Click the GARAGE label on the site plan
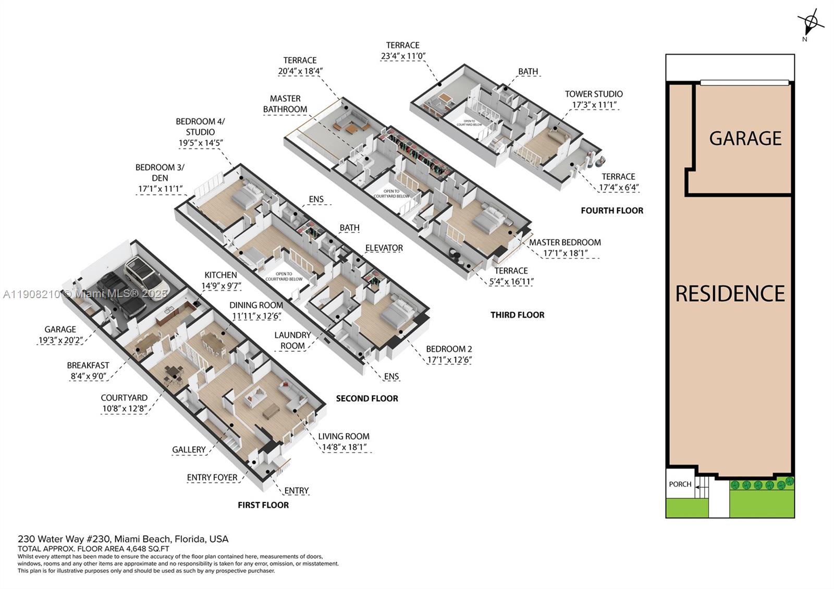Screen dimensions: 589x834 (745, 138)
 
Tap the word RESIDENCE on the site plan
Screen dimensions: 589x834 (730, 293)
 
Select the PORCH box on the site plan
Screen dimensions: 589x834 (680, 484)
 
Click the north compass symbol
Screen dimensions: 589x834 (810, 22)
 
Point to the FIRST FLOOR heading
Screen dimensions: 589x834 (263, 505)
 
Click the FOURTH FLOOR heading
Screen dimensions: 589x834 (612, 211)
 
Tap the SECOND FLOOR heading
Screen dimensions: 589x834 (367, 399)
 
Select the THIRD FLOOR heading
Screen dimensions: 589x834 (517, 315)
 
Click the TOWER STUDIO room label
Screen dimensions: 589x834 (594, 94)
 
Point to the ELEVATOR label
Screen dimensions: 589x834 (384, 248)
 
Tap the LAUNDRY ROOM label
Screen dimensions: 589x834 (292, 340)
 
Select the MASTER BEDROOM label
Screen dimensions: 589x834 (565, 242)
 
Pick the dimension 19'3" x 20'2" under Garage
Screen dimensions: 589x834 (60, 340)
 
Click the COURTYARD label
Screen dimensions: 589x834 (124, 398)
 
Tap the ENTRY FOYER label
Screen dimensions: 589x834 (212, 477)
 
